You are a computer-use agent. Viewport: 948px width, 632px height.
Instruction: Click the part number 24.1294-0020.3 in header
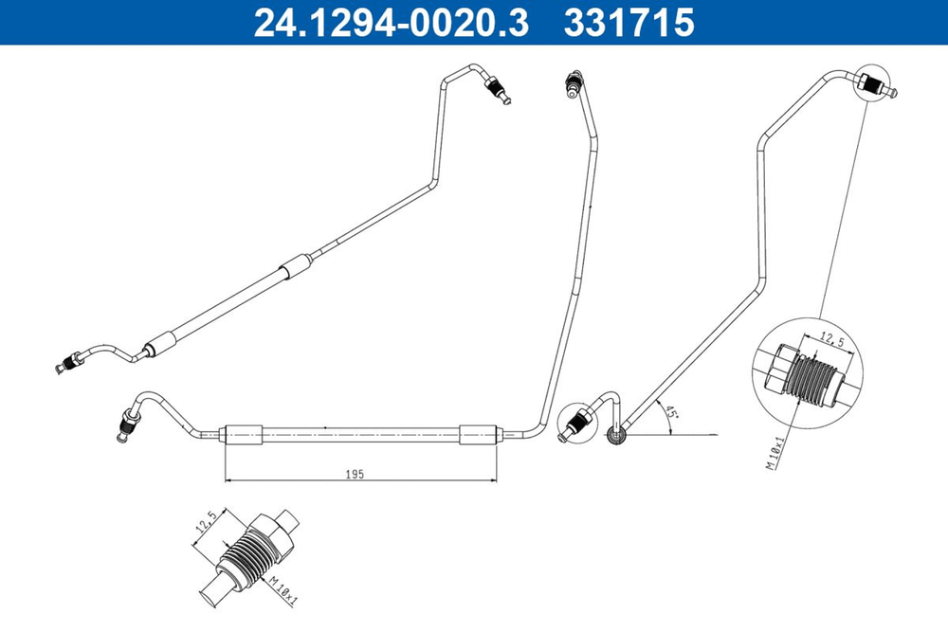391,23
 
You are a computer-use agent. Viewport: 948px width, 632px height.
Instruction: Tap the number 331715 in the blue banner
629,23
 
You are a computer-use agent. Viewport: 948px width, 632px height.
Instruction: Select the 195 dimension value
355,475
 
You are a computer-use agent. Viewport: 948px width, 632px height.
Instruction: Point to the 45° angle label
670,415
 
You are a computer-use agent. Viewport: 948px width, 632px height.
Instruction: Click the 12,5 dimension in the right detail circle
832,341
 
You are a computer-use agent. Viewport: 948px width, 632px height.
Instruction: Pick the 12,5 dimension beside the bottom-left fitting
207,522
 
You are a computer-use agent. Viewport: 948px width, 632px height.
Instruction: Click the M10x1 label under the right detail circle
775,453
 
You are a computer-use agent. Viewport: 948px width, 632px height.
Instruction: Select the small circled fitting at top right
874,84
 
